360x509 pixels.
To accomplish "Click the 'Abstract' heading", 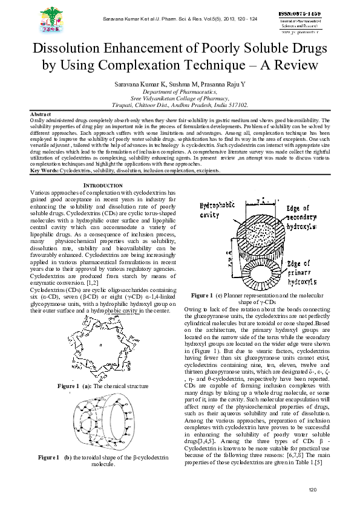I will [x=41, y=114].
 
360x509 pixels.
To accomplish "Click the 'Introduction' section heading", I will [x=102, y=184].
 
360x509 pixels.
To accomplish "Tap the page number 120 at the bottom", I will [x=313, y=489].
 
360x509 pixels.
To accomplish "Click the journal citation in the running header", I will [x=179, y=19].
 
